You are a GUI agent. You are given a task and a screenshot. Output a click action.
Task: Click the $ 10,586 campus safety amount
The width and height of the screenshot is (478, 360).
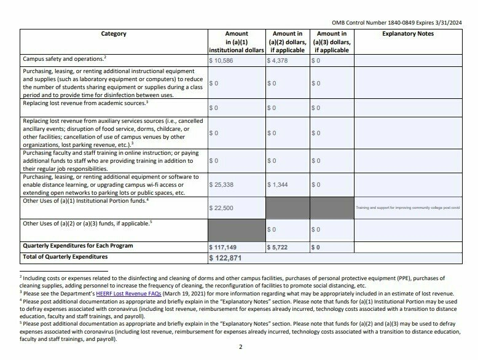click(223, 61)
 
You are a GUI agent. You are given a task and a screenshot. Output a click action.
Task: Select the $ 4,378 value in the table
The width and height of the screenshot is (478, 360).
click(277, 61)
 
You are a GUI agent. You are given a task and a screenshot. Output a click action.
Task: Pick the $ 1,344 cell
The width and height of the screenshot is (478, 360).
click(278, 184)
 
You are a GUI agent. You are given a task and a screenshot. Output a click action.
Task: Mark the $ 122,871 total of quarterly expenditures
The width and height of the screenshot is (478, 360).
click(229, 257)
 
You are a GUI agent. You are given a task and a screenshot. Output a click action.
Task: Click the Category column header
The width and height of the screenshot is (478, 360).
click(114, 34)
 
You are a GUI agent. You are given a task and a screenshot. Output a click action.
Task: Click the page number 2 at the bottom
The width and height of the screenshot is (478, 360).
click(241, 347)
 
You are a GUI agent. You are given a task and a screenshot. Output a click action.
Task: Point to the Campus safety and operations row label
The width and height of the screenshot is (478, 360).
click(63, 60)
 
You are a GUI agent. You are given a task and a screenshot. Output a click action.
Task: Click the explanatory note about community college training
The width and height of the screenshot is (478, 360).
click(407, 208)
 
